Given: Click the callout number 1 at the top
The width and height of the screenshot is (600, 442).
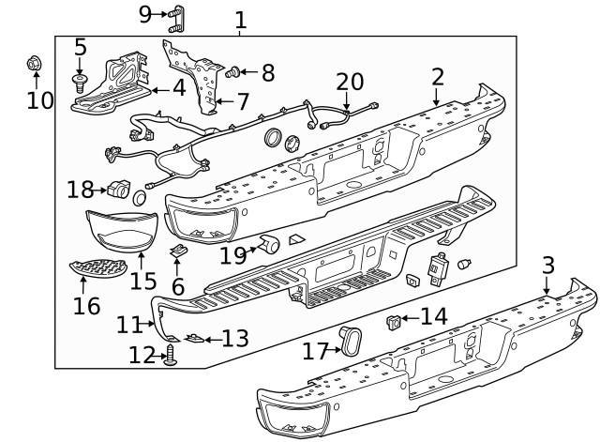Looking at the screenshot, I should click(240, 18).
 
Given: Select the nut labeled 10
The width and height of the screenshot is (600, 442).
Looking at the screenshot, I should click(33, 64).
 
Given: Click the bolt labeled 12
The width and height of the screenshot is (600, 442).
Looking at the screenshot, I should click(171, 355).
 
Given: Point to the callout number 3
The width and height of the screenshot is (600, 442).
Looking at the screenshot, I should click(548, 265).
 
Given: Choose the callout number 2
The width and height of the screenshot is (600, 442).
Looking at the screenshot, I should click(437, 77).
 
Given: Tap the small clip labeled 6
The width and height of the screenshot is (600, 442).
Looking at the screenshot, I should click(177, 251).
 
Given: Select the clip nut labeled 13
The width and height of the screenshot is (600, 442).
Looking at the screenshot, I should click(193, 338).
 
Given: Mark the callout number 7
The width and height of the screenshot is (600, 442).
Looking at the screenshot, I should click(242, 100).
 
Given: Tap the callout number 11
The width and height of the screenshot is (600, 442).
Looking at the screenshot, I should click(129, 325).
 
